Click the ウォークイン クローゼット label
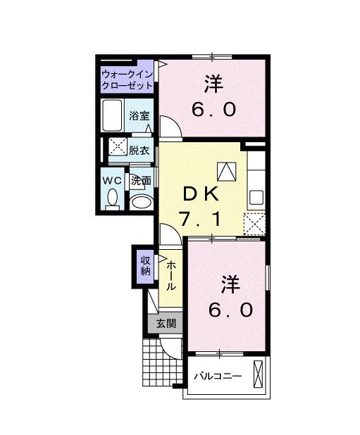tap(127, 80)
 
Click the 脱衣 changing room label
tap(139, 150)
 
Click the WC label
tap(113, 181)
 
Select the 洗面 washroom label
tap(141, 181)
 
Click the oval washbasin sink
tap(141, 202)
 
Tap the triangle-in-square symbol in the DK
tap(226, 171)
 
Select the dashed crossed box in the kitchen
tap(254, 223)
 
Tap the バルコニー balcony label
tap(218, 376)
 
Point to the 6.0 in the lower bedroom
tap(230, 310)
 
